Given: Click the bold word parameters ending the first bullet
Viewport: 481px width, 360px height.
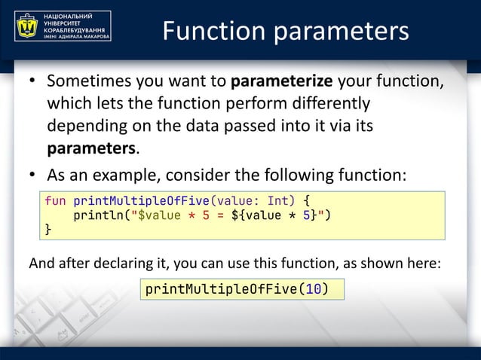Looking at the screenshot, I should [92, 147].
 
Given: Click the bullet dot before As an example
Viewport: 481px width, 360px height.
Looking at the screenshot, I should [33, 176].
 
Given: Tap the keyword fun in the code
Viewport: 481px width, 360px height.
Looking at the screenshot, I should [55, 201].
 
